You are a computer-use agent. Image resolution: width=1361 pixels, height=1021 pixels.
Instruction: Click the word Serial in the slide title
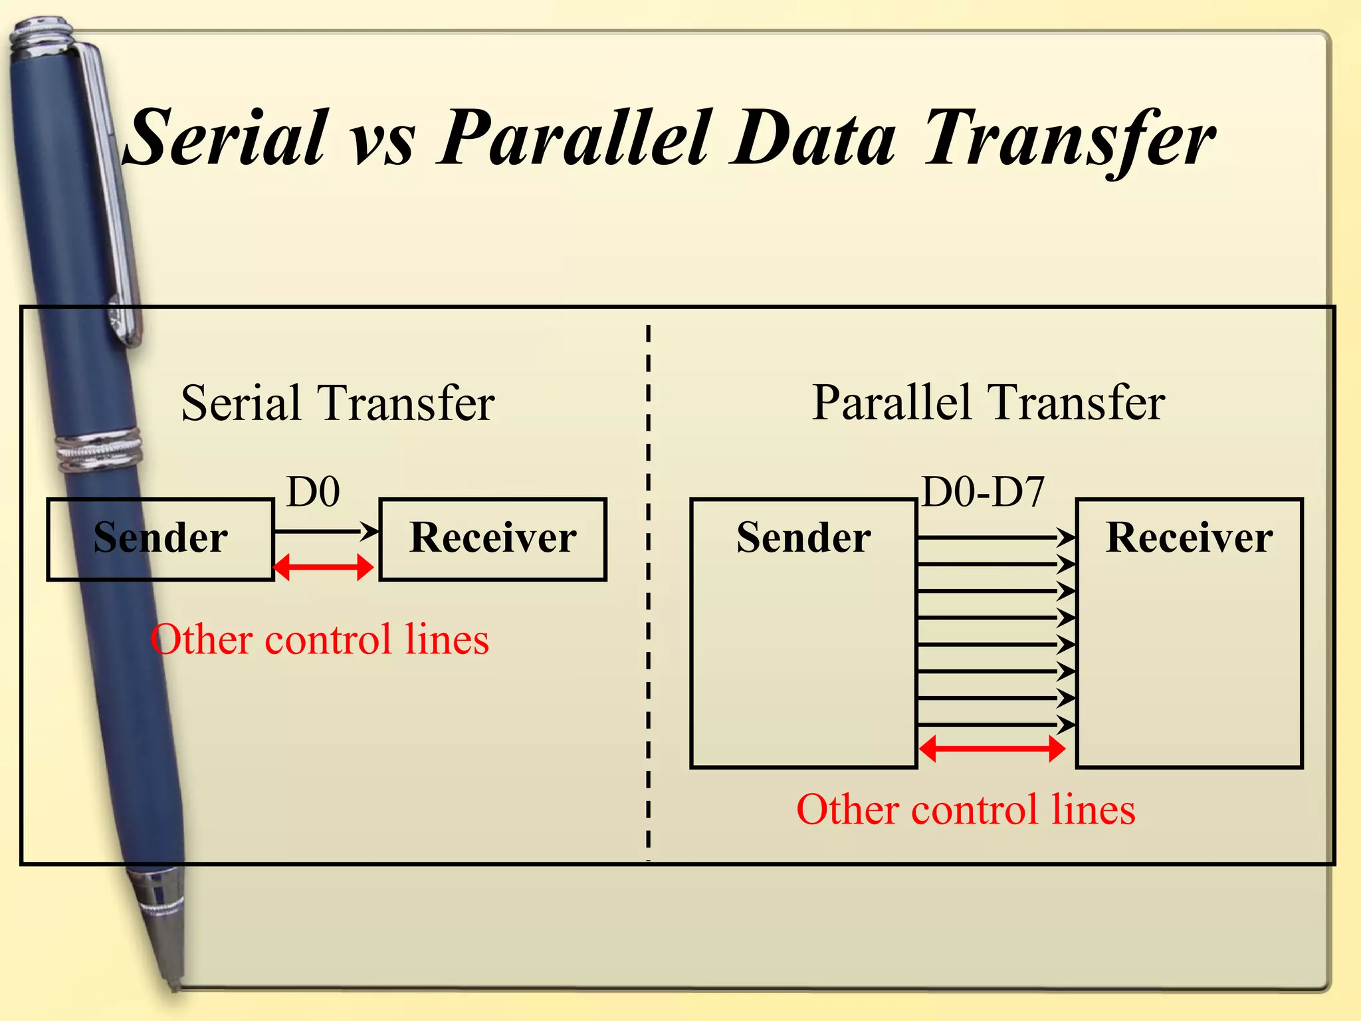pos(226,138)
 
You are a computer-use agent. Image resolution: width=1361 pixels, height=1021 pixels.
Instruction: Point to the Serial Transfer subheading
pos(338,403)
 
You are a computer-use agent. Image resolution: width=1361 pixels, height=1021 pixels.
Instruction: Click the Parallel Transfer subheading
pos(988,403)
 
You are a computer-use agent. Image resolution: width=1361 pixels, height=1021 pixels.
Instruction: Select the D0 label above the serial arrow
pos(313,492)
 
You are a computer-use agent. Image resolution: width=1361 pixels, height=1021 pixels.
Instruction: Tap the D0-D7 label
pos(983,492)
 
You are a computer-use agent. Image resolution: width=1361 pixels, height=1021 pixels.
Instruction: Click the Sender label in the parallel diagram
pos(803,537)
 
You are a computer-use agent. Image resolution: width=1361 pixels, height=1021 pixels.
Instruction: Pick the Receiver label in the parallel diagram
pos(1189,537)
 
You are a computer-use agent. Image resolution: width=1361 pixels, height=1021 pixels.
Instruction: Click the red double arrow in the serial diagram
pos(323,568)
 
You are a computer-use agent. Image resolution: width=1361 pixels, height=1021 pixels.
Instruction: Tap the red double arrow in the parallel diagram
pos(992,749)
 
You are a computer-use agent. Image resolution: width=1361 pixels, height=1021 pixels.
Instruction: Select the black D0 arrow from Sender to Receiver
pos(326,530)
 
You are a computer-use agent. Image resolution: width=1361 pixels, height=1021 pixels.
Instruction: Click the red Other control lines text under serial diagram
pos(320,639)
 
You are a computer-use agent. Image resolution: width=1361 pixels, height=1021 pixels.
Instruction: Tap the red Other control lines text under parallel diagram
pos(966,810)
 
